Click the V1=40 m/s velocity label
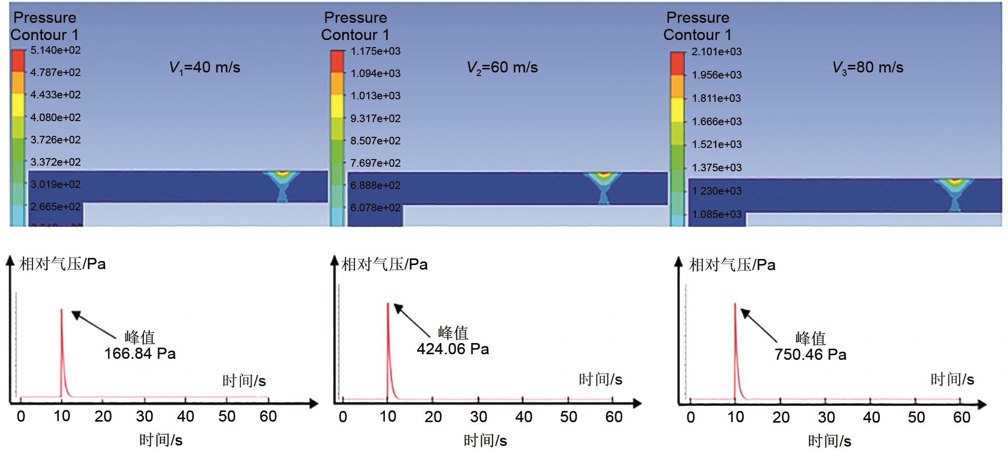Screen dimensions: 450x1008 coord(204,67)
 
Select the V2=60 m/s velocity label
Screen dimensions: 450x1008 coord(502,67)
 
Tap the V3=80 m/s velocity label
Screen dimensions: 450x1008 coord(868,67)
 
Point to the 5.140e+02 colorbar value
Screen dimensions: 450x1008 coord(55,50)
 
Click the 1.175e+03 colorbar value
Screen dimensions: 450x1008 coord(375,51)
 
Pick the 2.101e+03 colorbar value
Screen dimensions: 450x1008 coord(716,52)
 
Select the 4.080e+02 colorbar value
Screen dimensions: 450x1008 coord(55,118)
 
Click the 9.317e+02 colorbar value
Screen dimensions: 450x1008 coord(375,119)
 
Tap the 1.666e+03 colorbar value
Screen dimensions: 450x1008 coord(716,122)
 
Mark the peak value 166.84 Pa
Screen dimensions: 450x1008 coord(140,353)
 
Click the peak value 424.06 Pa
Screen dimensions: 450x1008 coord(453,349)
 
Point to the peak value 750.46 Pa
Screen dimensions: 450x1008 coord(810,355)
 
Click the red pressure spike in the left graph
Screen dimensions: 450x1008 coord(62,345)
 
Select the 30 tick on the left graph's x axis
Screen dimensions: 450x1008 coord(145,417)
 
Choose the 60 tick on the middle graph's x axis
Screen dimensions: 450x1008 coord(614,417)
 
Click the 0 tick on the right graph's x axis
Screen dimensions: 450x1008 coord(691,418)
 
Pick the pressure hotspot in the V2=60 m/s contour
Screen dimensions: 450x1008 coord(603,176)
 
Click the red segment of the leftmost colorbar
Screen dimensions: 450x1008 coord(18,61)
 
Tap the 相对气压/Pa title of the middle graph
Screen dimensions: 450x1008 coord(384,265)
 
